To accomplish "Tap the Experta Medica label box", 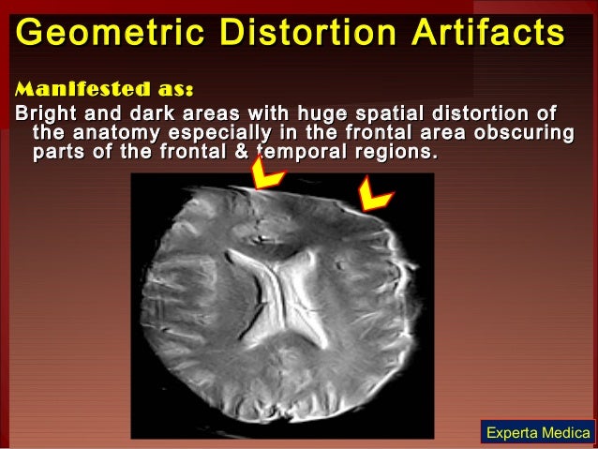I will pyautogui.click(x=538, y=432).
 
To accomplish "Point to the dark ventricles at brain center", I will pyautogui.click(x=281, y=281).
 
